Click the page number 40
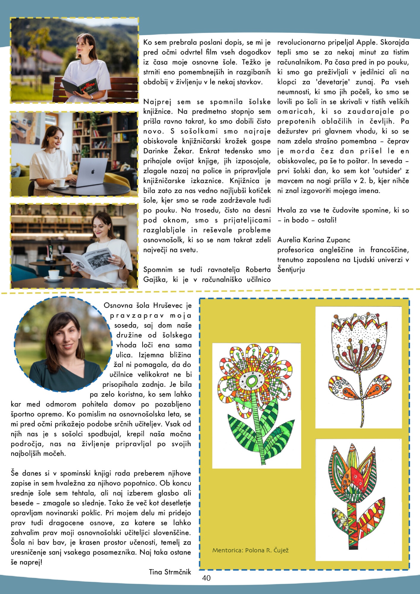[x=206, y=578]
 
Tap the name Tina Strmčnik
[x=170, y=572]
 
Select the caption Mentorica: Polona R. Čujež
[x=250, y=550]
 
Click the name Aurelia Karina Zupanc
[x=314, y=240]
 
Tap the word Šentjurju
[x=291, y=270]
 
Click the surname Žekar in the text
[x=184, y=151]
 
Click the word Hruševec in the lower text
[x=168, y=306]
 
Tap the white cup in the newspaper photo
[x=54, y=274]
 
